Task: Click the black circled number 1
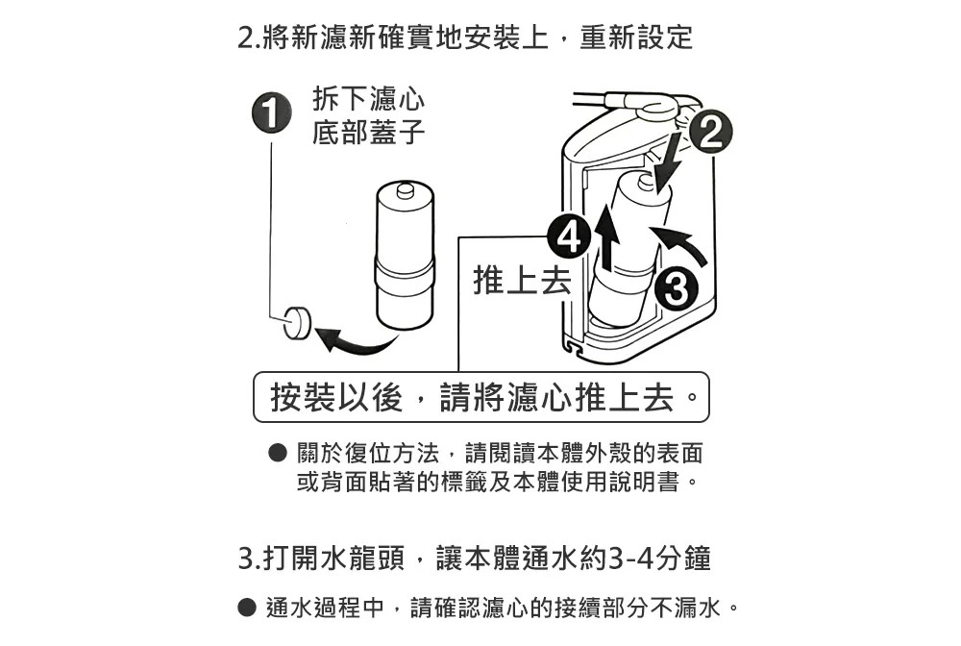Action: [271, 112]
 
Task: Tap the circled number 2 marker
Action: [710, 132]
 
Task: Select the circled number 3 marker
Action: [676, 286]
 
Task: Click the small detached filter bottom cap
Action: [297, 322]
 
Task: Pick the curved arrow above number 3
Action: [680, 242]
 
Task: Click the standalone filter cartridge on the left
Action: [405, 256]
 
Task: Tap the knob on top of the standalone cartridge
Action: [406, 190]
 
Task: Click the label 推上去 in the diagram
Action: [522, 282]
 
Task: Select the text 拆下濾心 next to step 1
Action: [368, 98]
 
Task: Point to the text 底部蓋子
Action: [368, 132]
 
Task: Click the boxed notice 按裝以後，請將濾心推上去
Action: [481, 397]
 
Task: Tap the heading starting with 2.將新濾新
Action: [465, 37]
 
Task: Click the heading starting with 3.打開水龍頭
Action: [475, 559]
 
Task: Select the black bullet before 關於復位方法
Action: [278, 453]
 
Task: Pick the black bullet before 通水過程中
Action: [246, 608]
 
